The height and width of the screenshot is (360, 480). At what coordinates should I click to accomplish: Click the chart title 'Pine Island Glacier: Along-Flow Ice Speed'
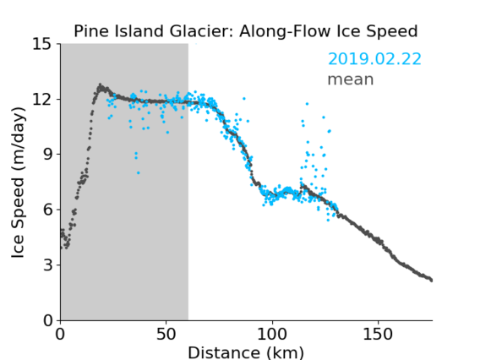pyautogui.click(x=246, y=31)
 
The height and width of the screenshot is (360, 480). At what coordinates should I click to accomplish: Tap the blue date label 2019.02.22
pyautogui.click(x=374, y=59)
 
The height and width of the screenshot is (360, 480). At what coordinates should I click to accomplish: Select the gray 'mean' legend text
pyautogui.click(x=351, y=79)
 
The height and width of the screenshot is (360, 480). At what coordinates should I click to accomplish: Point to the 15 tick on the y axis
pyautogui.click(x=41, y=44)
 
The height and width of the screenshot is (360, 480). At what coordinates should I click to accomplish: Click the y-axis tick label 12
pyautogui.click(x=41, y=99)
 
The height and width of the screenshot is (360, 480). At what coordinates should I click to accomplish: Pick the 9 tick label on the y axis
pyautogui.click(x=47, y=155)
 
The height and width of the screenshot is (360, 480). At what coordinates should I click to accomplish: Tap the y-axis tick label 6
pyautogui.click(x=47, y=210)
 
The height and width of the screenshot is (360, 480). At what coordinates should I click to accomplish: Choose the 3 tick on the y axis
pyautogui.click(x=47, y=265)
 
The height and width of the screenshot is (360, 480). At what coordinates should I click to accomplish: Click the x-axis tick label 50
pyautogui.click(x=166, y=335)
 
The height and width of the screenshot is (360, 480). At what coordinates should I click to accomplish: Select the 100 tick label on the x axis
pyautogui.click(x=272, y=335)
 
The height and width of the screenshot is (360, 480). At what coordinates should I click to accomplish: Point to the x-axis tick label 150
pyautogui.click(x=378, y=335)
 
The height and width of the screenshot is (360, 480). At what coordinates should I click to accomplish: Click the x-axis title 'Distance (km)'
pyautogui.click(x=246, y=352)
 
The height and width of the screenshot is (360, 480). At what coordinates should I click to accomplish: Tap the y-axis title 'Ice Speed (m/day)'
pyautogui.click(x=18, y=183)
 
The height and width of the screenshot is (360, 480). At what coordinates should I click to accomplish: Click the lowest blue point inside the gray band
pyautogui.click(x=139, y=173)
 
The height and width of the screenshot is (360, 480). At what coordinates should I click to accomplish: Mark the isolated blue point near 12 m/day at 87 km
pyautogui.click(x=244, y=99)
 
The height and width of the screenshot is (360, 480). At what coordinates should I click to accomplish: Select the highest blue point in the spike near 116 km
pyautogui.click(x=307, y=104)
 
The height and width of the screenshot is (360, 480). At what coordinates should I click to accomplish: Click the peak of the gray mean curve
pyautogui.click(x=100, y=85)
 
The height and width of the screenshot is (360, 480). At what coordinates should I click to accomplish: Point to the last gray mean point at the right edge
pyautogui.click(x=432, y=281)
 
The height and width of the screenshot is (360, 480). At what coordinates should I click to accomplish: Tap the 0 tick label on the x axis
pyautogui.click(x=60, y=335)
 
